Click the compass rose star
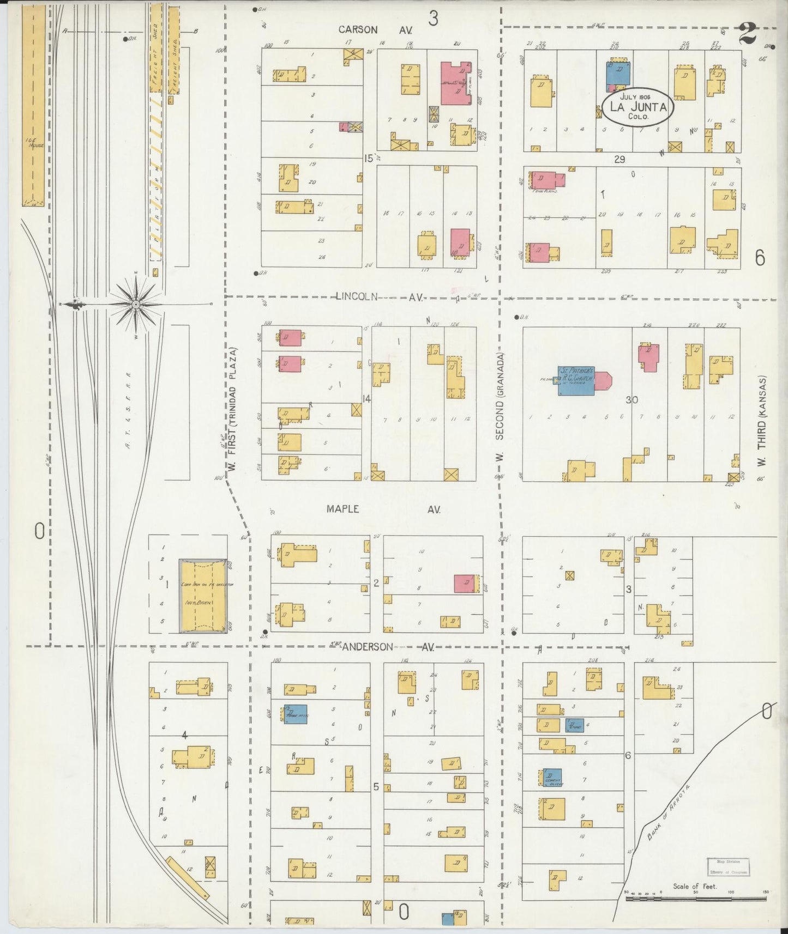pyautogui.click(x=134, y=304)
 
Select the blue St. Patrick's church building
pyautogui.click(x=575, y=380)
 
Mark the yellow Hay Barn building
pyautogui.click(x=203, y=596)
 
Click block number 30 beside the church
pyautogui.click(x=631, y=399)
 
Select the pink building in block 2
pyautogui.click(x=465, y=583)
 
